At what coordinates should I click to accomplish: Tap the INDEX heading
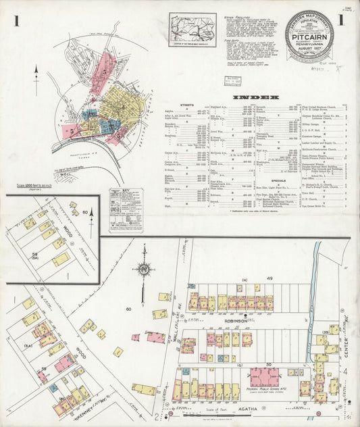pos(256,98)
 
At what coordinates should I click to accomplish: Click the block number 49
pos(269,278)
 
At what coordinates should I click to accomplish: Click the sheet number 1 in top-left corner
pos(16,21)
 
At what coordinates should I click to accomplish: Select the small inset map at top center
pos(192,30)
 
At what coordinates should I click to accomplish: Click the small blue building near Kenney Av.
pos(53,388)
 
